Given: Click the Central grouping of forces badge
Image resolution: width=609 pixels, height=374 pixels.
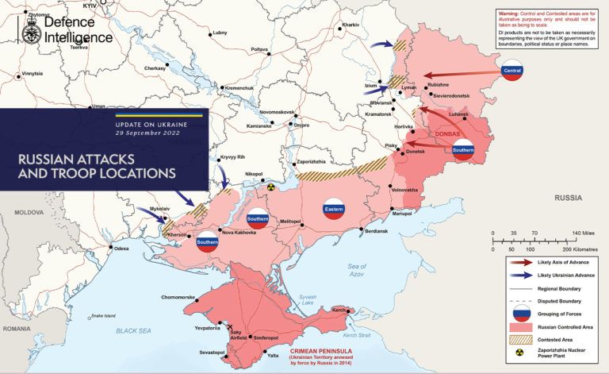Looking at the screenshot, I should (512, 71).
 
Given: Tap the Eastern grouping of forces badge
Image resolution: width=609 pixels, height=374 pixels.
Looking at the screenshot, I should (334, 209).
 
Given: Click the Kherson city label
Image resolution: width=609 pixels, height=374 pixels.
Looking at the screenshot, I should (179, 236).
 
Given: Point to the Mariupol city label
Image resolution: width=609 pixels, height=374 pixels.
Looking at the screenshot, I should (403, 214).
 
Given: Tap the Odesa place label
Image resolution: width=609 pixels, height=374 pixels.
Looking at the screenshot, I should (121, 249).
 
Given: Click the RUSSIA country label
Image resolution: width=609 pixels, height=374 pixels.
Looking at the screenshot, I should (569, 196).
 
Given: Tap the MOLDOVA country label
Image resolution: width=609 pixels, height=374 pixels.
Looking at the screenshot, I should (29, 213).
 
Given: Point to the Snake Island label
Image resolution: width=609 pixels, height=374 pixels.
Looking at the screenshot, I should (103, 315).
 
